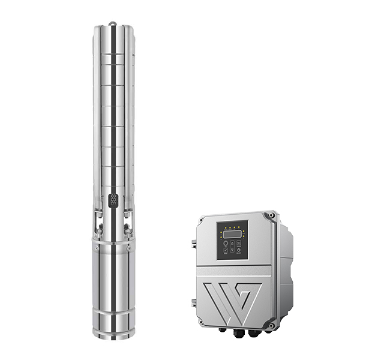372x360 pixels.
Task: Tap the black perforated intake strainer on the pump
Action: click(x=113, y=200)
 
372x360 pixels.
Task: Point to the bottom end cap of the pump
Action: click(x=113, y=334)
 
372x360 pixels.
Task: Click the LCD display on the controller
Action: click(x=232, y=233)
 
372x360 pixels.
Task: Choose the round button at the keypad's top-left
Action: click(x=226, y=244)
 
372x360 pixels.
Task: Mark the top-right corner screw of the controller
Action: click(x=272, y=214)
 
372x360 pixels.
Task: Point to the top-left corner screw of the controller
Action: click(x=200, y=220)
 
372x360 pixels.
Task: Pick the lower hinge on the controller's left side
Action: click(x=194, y=302)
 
